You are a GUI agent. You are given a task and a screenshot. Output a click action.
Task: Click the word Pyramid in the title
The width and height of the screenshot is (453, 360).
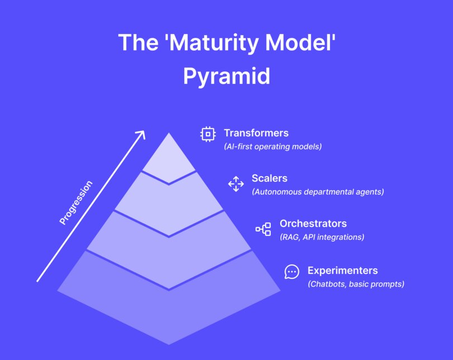pyautogui.click(x=226, y=76)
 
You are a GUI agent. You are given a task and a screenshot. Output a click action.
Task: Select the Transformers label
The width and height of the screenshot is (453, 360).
pyautogui.click(x=256, y=133)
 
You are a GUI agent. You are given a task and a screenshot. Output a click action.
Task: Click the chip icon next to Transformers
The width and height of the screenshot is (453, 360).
pyautogui.click(x=208, y=134)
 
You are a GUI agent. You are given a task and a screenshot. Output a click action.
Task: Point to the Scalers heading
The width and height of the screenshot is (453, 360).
pyautogui.click(x=270, y=178)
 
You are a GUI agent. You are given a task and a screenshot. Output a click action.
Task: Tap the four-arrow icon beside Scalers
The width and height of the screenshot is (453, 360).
pyautogui.click(x=235, y=184)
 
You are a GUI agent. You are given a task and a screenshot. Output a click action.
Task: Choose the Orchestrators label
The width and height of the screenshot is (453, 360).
pyautogui.click(x=313, y=224)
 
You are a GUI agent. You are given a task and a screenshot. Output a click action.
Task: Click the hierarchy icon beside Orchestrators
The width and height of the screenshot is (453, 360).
pyautogui.click(x=263, y=229)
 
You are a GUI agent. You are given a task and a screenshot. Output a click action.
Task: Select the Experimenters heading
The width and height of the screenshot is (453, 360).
pyautogui.click(x=342, y=271)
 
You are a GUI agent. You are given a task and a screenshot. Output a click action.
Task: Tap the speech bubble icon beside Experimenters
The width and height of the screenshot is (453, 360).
pyautogui.click(x=291, y=272)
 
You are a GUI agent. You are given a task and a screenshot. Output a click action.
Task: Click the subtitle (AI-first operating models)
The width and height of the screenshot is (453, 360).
pyautogui.click(x=273, y=146)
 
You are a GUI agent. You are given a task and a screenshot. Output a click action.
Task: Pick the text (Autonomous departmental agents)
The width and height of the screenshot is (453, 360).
pyautogui.click(x=318, y=192)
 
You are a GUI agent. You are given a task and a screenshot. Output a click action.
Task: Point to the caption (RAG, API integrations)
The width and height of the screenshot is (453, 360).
pyautogui.click(x=322, y=237)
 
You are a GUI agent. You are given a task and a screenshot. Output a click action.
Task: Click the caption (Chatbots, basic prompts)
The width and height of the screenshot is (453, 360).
pyautogui.click(x=356, y=284)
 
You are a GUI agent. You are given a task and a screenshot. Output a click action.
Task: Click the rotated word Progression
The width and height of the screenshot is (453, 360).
pyautogui.click(x=75, y=202)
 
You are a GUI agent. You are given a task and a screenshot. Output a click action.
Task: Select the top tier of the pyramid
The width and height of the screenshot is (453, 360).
pyautogui.click(x=169, y=159)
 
